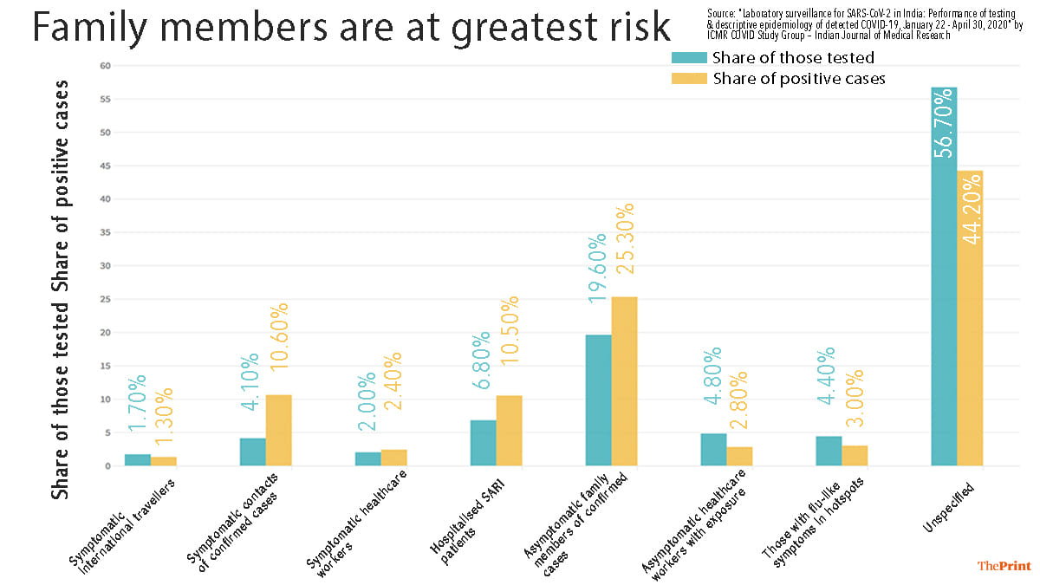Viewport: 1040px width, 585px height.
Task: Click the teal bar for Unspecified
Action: [944, 277]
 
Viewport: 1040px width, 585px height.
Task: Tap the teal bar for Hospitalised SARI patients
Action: [483, 443]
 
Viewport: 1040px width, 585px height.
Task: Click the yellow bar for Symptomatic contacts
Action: [278, 431]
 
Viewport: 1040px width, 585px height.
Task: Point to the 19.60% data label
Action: [597, 267]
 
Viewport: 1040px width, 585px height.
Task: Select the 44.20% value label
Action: [971, 209]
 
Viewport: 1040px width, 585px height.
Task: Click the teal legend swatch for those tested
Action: [689, 58]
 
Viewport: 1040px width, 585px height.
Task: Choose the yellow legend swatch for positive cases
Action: [689, 79]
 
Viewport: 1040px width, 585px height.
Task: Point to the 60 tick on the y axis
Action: [105, 66]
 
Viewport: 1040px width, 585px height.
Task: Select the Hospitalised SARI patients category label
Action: [468, 511]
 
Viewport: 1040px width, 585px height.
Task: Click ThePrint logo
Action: [1004, 565]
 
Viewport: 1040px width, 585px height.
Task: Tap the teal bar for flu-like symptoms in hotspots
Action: [829, 451]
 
